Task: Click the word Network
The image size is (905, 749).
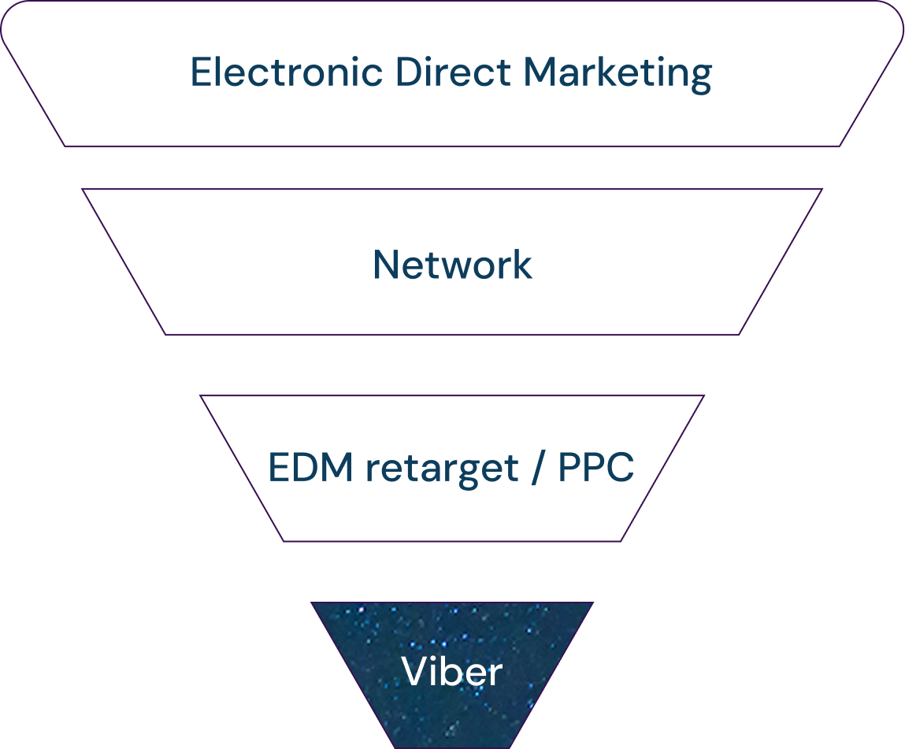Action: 452,265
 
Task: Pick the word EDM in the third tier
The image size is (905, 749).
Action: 310,469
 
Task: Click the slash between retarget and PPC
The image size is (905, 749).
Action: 539,469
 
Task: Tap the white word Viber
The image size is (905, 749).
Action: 451,672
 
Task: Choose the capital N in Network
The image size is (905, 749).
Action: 387,265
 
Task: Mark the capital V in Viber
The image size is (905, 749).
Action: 414,672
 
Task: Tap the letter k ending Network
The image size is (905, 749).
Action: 522,265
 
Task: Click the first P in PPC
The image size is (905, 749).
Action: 569,469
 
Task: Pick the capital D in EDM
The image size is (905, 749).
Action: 307,469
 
